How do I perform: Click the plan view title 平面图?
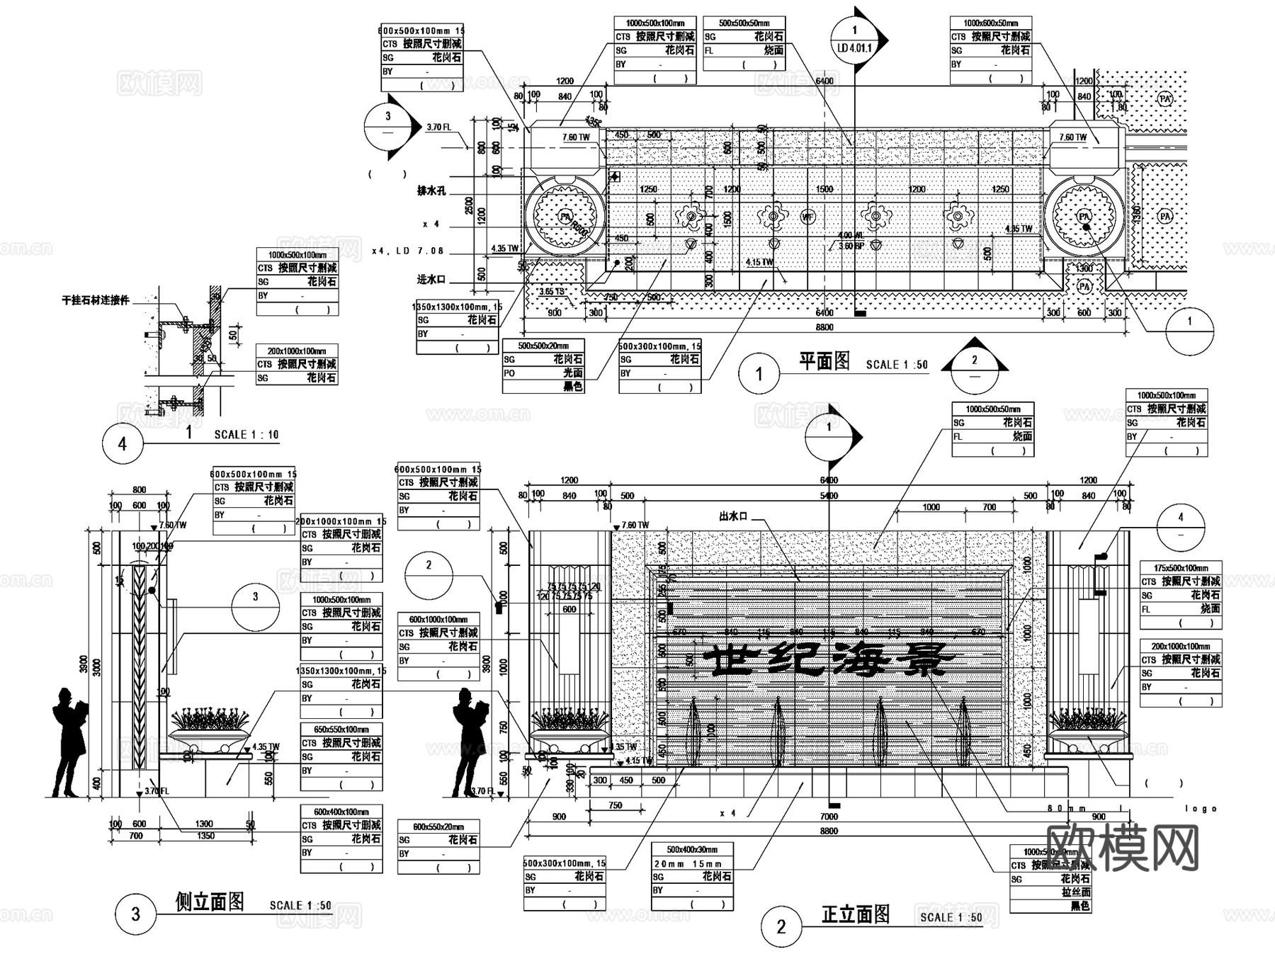[x=824, y=361]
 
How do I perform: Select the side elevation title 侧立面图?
[x=210, y=902]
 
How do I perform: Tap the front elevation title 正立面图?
[x=855, y=914]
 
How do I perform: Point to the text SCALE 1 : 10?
[x=246, y=434]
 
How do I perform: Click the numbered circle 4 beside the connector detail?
[x=123, y=444]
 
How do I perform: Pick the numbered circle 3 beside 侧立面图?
[x=135, y=914]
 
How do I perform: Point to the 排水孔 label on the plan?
[x=431, y=191]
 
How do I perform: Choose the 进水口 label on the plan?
[x=431, y=280]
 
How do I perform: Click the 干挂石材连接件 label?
[x=96, y=300]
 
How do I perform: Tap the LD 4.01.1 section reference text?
[x=854, y=48]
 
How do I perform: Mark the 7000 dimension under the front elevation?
[x=829, y=817]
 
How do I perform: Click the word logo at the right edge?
[x=1201, y=808]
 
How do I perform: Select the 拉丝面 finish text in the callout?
[x=1076, y=892]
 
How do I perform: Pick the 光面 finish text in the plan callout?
[x=572, y=373]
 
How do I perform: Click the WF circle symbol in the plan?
[x=807, y=216]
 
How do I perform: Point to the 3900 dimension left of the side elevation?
[x=84, y=665]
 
